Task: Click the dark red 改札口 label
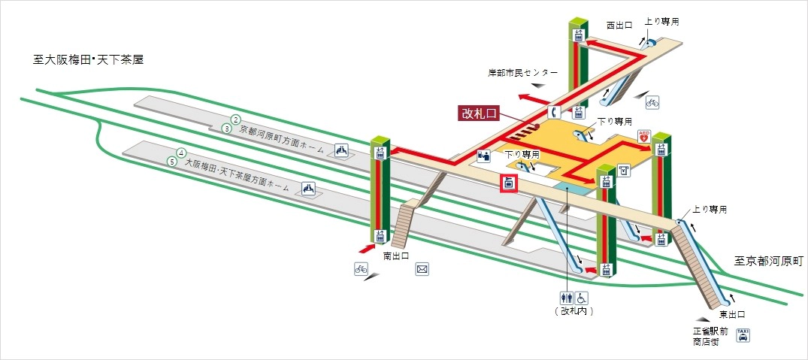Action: pos(479,113)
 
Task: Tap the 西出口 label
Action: pos(620,25)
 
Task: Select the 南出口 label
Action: pos(395,256)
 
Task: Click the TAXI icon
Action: pos(743,334)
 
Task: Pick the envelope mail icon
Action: pos(422,268)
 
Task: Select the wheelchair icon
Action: pos(582,298)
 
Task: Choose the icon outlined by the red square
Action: pos(510,183)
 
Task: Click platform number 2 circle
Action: pos(235,119)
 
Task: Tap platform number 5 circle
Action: pos(172,162)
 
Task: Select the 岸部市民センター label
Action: pos(522,73)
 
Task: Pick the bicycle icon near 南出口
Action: pos(362,268)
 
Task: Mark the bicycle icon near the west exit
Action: pos(652,101)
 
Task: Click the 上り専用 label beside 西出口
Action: pos(662,22)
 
